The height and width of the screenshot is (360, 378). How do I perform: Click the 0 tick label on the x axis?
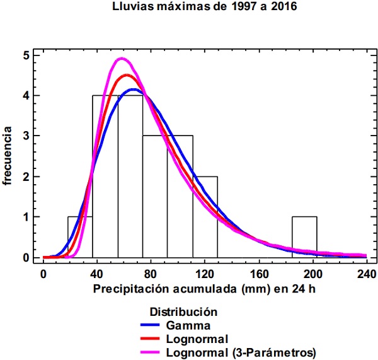(x=43, y=274)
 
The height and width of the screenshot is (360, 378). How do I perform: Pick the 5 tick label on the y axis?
(x=26, y=55)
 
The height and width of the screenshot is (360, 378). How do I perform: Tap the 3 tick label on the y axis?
(x=26, y=136)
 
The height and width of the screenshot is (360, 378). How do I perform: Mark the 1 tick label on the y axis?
(x=26, y=217)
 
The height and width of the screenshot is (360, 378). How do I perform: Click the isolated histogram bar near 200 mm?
(x=304, y=237)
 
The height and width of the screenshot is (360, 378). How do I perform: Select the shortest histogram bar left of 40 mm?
(x=80, y=237)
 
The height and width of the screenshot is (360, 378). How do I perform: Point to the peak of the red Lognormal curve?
(x=127, y=75)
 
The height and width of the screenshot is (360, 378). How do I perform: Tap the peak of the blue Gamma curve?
(x=133, y=90)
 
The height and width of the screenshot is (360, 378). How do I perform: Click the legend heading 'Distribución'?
(x=184, y=311)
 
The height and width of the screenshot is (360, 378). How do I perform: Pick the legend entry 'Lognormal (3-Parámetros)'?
(x=241, y=352)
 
